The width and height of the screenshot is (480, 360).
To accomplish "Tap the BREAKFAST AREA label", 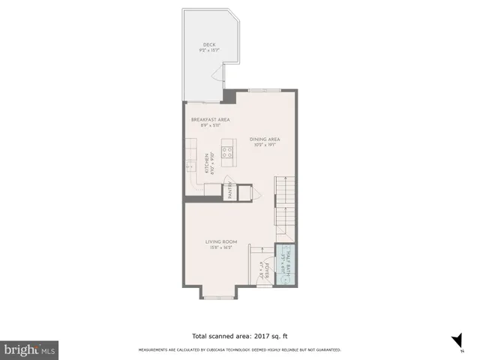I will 210,119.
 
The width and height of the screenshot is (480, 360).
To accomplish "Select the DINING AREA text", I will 265,139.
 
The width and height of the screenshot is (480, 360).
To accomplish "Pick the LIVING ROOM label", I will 222,241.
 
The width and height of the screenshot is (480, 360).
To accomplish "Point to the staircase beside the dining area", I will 283,202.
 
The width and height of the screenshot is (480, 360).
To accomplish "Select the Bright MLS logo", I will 29,350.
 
